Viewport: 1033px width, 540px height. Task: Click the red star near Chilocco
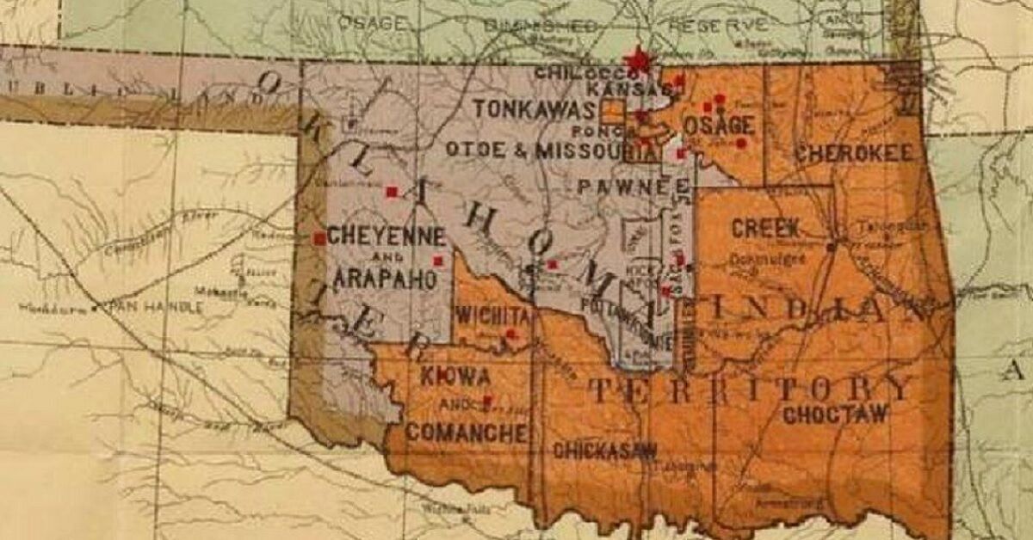(x=638, y=60)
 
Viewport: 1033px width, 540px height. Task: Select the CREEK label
(x=765, y=229)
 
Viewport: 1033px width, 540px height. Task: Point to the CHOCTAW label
(x=834, y=414)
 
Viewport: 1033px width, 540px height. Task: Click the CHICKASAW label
(x=604, y=450)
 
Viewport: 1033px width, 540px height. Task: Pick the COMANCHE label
(x=466, y=432)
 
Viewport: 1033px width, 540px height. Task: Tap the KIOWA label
(x=455, y=377)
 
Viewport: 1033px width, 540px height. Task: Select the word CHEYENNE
(x=387, y=236)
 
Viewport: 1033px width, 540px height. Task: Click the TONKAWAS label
(x=534, y=109)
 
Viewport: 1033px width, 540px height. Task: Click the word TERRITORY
(x=749, y=389)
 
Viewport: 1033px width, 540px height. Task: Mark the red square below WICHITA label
(x=510, y=334)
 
